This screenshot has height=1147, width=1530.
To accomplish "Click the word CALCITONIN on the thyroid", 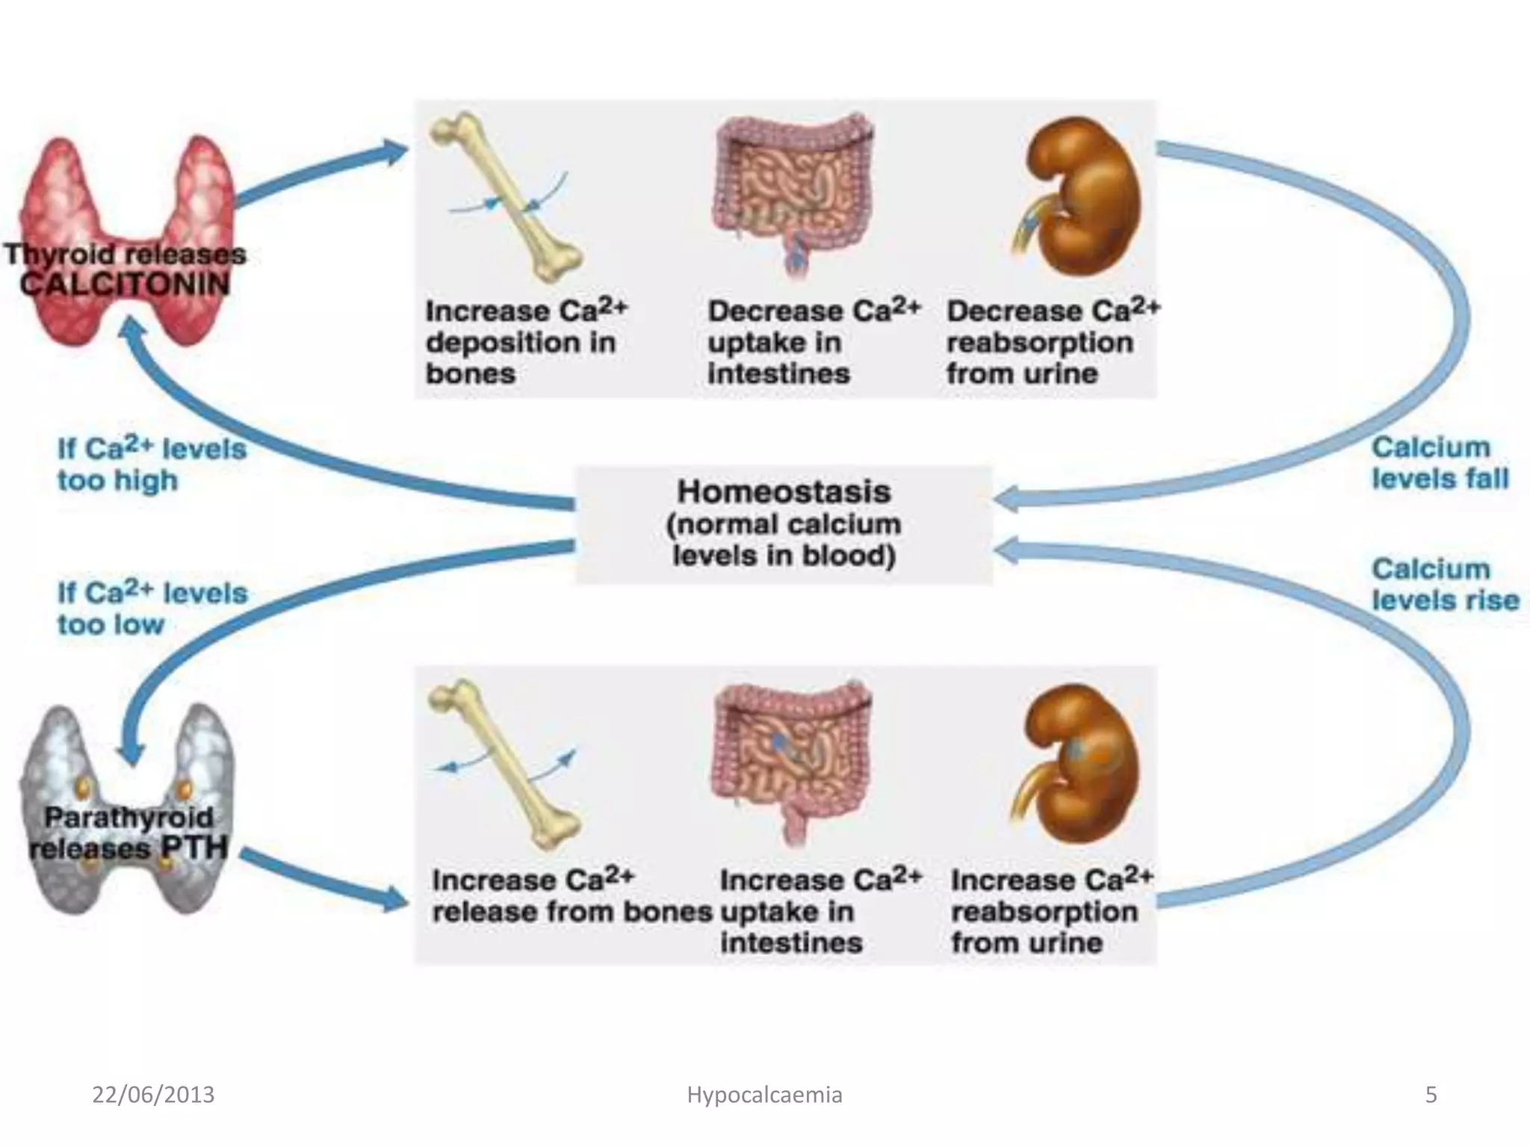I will coord(125,285).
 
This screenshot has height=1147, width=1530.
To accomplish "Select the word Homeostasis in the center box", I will coord(784,492).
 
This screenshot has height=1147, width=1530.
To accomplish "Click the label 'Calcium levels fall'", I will coord(1439,463).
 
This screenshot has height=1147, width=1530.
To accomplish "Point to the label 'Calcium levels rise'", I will coord(1443,585).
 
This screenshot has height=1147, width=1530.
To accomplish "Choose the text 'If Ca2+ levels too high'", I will coord(151,464).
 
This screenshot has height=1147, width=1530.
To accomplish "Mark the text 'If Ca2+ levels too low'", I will coord(151,609).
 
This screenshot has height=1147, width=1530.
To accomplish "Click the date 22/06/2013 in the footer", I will coord(153,1095).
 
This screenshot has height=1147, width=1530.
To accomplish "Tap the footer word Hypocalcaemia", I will coord(764,1095).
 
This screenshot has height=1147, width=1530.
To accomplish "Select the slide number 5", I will coord(1431,1095).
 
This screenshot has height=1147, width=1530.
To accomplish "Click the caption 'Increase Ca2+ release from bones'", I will coord(572,896).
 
